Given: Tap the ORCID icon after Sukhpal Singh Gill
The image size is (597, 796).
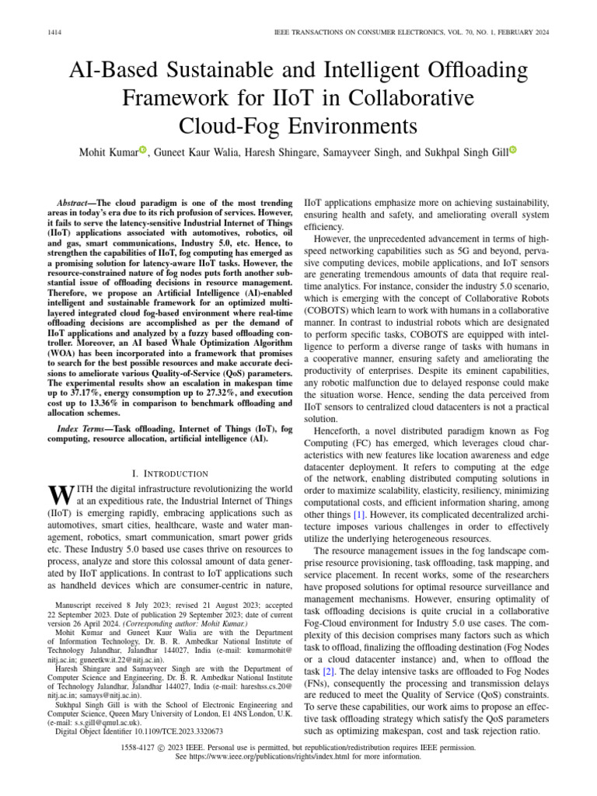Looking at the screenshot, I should coord(513,149).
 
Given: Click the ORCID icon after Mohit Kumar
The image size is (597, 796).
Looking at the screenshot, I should coord(143,149).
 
